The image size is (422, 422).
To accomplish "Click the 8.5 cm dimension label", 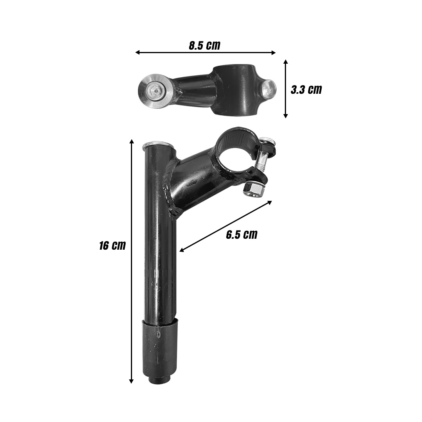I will (x=204, y=45).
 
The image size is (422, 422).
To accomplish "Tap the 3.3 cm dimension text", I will (x=306, y=90).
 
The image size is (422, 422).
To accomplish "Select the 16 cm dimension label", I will (x=113, y=246).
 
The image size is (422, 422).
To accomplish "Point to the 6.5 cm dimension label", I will (x=242, y=235).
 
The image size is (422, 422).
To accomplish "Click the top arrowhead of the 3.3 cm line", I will (x=286, y=62).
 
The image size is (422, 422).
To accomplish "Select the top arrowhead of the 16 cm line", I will (x=132, y=141).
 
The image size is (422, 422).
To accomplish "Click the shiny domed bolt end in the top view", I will (x=269, y=89).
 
